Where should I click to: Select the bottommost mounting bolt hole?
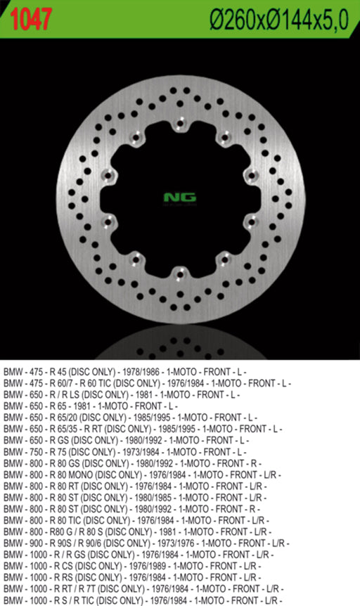(180, 272)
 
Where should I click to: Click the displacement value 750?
(37, 451)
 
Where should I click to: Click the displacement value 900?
(37, 543)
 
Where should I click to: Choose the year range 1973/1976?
(176, 543)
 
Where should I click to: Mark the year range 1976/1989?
(148, 565)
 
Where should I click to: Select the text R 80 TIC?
(70, 520)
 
